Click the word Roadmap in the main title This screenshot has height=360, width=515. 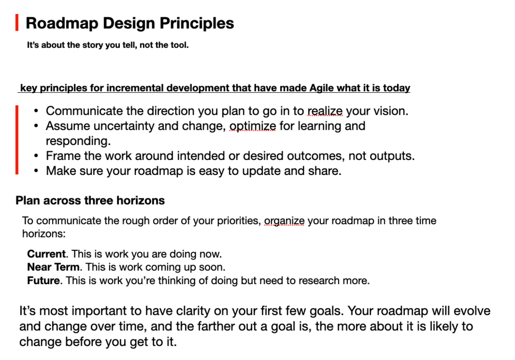click(x=62, y=24)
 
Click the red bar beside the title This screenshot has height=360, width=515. click(x=17, y=23)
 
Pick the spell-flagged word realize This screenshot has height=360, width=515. click(x=325, y=111)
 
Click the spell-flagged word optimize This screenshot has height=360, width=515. click(x=253, y=126)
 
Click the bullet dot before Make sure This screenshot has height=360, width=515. click(x=36, y=171)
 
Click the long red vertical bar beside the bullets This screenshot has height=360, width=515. click(x=17, y=139)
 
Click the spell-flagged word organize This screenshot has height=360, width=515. click(x=284, y=221)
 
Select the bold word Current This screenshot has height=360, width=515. click(x=46, y=254)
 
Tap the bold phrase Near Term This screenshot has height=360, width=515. click(x=53, y=267)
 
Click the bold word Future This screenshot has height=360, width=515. click(x=44, y=281)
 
